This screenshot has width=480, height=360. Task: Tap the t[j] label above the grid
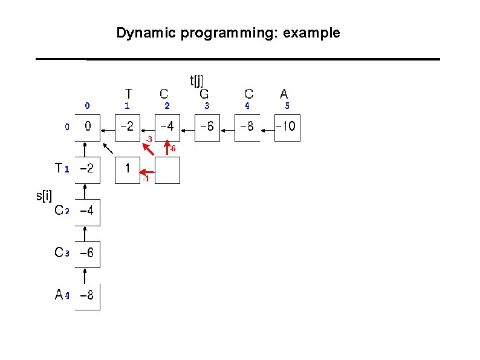pos(196,80)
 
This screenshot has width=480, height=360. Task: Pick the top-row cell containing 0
pos(88,128)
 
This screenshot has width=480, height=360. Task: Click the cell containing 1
pos(128,169)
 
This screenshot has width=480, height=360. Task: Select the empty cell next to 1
pos(167,169)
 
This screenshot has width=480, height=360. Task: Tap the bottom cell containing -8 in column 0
pos(88,296)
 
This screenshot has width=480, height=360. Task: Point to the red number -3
pos(148,140)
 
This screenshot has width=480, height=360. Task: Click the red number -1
pos(145,180)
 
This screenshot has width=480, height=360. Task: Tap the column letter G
pos(204,94)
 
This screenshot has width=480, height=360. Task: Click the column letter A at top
pos(284,94)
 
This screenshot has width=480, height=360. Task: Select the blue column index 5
pos(287,106)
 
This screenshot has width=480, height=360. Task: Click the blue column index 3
pos(207,106)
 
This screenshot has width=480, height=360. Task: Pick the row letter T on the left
pos(58,168)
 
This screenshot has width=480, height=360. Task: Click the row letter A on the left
pos(59,295)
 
